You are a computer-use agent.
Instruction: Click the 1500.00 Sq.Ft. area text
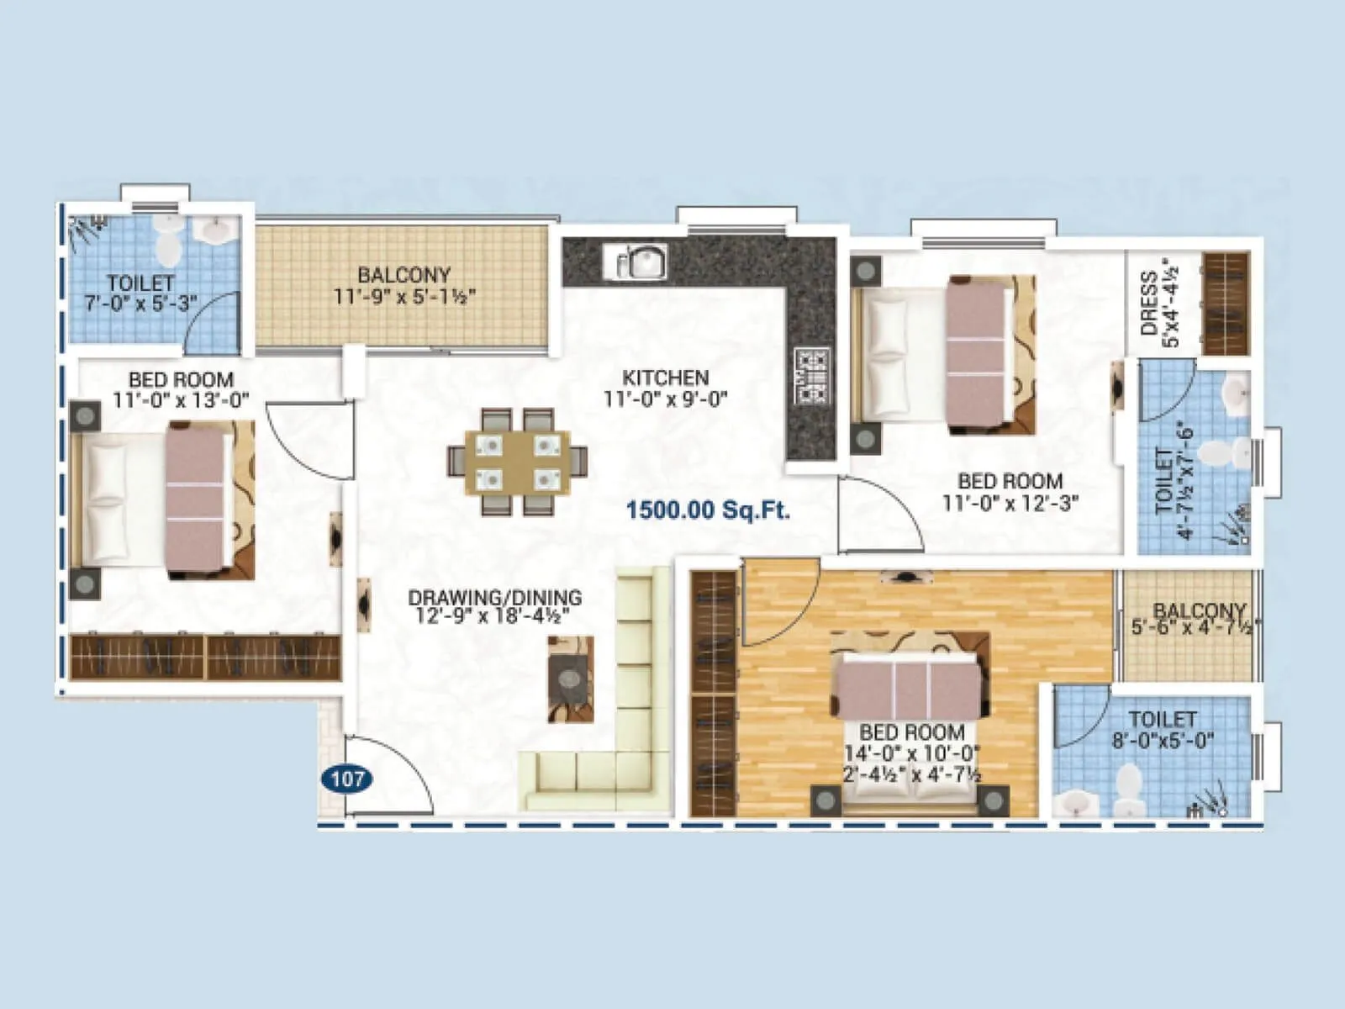(x=708, y=510)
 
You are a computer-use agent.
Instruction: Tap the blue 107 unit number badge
(x=347, y=779)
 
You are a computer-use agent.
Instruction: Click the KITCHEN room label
(x=665, y=378)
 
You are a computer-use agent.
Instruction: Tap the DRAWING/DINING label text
(x=494, y=598)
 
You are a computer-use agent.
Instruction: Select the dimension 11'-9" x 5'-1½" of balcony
(x=404, y=297)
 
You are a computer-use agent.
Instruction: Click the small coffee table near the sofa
(x=571, y=679)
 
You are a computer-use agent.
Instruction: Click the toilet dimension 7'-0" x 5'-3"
(x=140, y=304)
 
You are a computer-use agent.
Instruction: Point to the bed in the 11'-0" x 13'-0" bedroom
(x=160, y=501)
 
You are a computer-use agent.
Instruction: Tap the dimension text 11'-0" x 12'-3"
(x=1010, y=503)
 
